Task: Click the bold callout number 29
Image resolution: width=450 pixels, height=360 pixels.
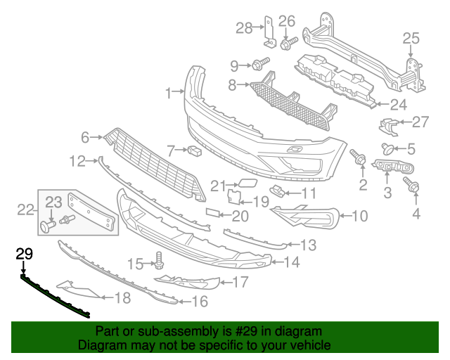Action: coord(24,252)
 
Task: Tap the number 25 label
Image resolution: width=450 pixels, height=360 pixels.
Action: coord(411,39)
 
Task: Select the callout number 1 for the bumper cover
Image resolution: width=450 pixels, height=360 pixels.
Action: coord(169,93)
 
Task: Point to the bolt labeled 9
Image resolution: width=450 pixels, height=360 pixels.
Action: coord(259,65)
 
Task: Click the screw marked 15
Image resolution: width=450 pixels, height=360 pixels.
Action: coord(159,264)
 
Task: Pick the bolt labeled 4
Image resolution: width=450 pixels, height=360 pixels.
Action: coord(412,186)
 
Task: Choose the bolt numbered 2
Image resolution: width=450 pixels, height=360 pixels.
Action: coord(359,159)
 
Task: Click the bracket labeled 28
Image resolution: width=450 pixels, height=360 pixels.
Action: coord(268,30)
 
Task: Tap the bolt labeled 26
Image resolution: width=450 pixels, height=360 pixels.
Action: coord(288,44)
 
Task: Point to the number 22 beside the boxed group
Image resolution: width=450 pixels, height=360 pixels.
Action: coord(25,208)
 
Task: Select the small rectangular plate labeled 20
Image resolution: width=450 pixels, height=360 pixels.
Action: coord(213,212)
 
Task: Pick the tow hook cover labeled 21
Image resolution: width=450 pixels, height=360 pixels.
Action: coord(247,185)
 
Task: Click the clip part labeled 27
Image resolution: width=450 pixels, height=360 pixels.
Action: coord(386,126)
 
